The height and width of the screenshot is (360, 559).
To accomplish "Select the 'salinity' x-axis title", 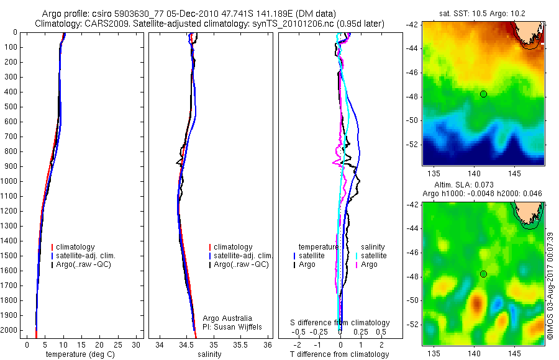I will tap(208, 354).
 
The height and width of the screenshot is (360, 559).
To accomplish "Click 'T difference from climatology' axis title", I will tap(340, 354).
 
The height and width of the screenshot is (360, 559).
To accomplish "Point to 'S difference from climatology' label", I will tap(340, 323).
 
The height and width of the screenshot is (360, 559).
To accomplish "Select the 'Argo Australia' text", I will tap(227, 318).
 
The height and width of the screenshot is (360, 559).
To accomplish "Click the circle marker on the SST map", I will tap(483, 94).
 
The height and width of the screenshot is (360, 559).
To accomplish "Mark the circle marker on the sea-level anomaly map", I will tap(483, 274).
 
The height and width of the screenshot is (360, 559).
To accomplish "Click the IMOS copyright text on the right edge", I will tap(550, 286).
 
